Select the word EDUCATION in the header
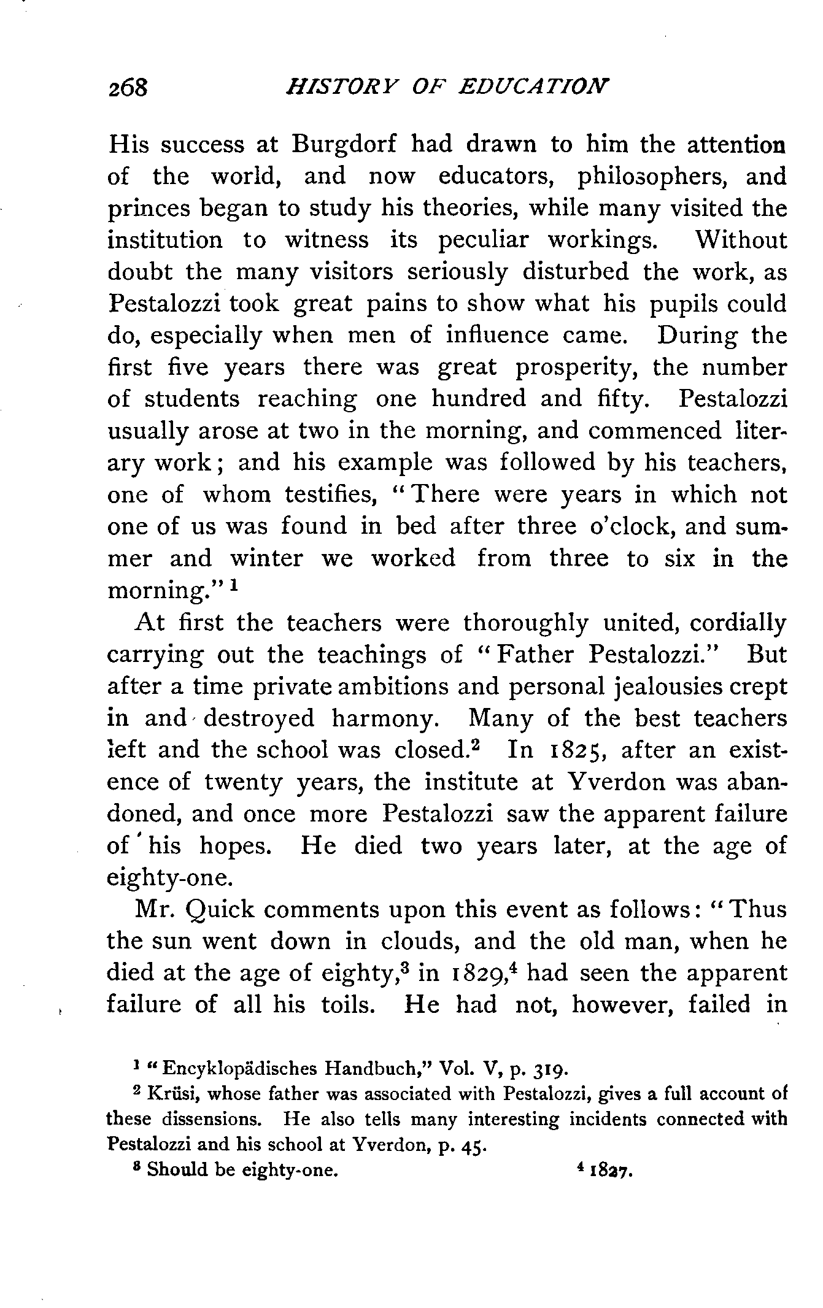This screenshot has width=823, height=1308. click(535, 86)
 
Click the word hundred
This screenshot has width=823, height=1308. click(479, 399)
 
